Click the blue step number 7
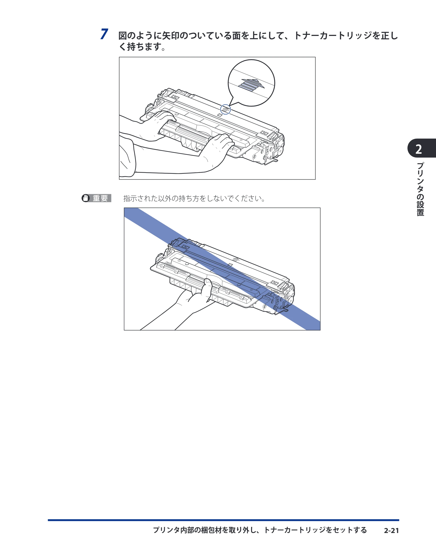[x=104, y=34]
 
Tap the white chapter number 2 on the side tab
[x=419, y=149]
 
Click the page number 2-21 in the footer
[x=391, y=531]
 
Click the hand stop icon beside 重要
[x=85, y=198]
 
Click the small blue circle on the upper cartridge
[x=225, y=110]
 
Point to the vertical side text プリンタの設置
[x=420, y=189]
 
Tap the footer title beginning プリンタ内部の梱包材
[x=260, y=530]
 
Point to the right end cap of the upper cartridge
[x=270, y=149]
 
